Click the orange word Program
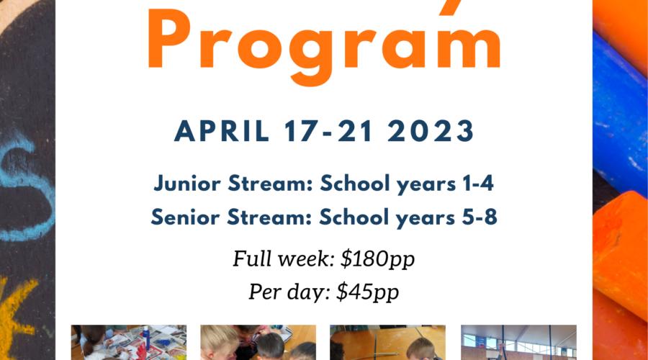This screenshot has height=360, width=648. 325,45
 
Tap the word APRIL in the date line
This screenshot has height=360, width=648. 222,132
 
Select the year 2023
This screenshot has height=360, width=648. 431,132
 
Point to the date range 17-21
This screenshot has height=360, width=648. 328,132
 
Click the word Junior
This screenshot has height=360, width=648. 188,184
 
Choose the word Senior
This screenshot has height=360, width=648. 185,217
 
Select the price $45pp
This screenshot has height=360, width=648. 368,292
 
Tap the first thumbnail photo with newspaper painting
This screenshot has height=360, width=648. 129,342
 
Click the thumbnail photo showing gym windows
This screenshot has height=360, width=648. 518,342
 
